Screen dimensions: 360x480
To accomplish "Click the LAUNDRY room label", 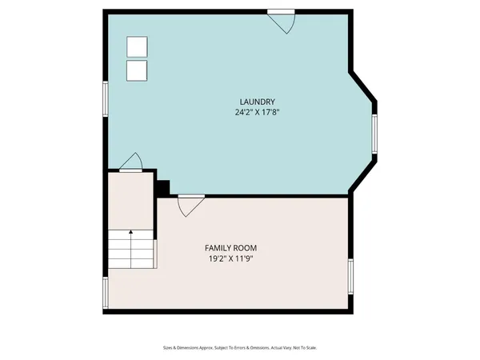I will [258, 102].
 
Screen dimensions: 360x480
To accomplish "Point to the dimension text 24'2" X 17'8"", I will [258, 113].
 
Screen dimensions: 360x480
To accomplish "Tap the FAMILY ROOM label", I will [230, 248].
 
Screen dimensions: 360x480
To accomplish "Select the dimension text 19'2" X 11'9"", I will [230, 259].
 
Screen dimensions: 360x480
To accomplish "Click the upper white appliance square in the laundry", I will [137, 47].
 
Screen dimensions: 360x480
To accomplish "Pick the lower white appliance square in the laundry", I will [137, 70].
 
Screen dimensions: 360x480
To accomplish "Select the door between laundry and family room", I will [190, 205].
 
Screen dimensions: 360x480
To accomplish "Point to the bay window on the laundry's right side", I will [374, 133].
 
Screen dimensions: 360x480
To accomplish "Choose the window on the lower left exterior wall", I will [105, 292].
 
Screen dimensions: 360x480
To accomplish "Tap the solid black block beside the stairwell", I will [163, 188].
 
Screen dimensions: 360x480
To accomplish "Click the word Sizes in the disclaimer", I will [168, 348].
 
